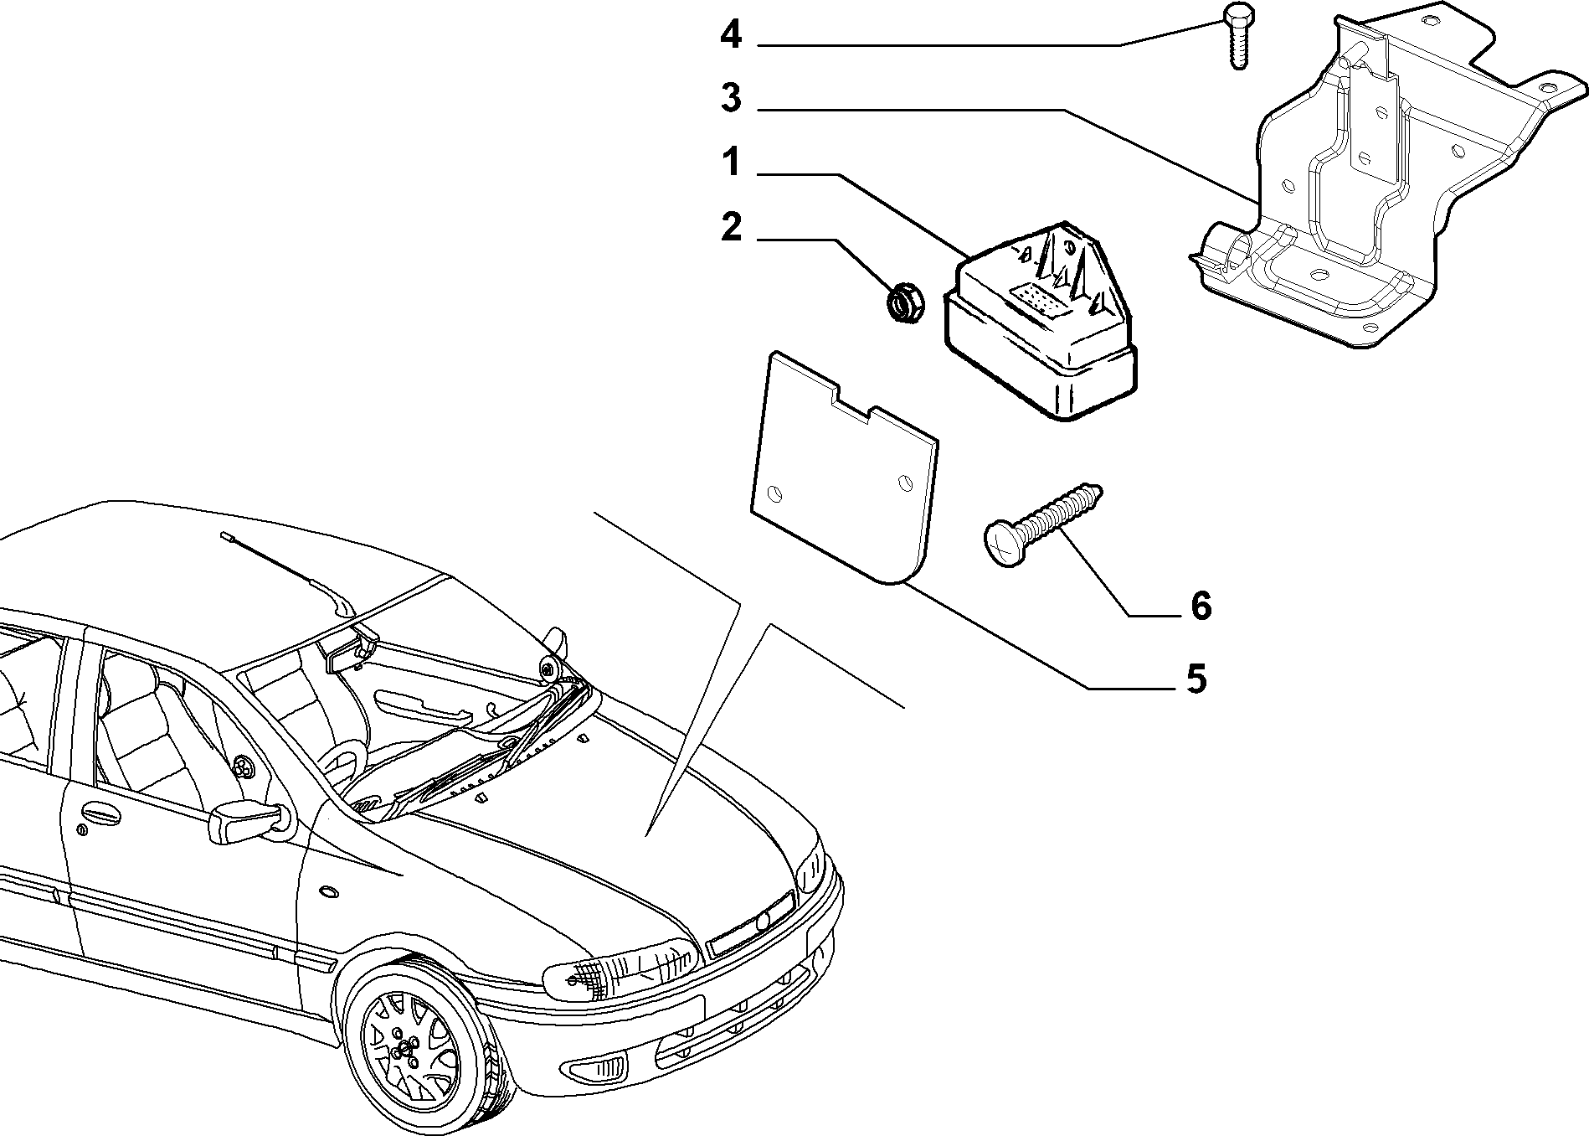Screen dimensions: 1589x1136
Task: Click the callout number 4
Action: [x=731, y=35]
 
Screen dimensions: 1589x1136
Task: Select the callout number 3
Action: [x=731, y=99]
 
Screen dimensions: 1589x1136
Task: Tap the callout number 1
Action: [x=732, y=163]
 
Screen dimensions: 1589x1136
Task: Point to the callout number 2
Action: [x=731, y=227]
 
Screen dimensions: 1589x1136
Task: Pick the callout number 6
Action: [x=1201, y=606]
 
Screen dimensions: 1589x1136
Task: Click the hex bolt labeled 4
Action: [x=1235, y=35]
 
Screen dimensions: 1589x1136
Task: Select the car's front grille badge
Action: [x=763, y=922]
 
